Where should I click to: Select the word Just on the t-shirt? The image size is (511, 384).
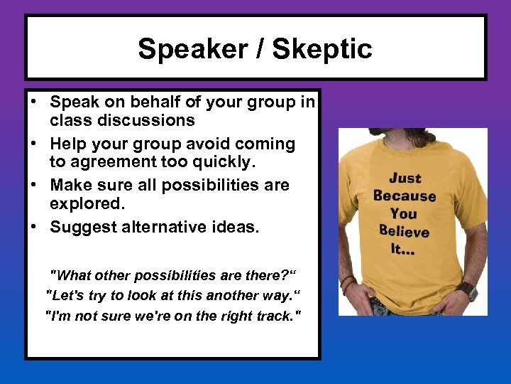[405, 178]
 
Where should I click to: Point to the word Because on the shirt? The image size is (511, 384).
[405, 196]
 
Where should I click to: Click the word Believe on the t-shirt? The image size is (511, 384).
[404, 231]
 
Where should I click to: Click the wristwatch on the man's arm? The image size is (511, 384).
[466, 290]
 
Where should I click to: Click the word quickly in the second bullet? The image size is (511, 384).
[217, 162]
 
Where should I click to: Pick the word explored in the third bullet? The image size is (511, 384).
[86, 203]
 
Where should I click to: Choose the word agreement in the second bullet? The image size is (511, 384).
[97, 162]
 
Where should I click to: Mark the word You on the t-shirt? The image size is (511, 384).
[404, 213]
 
